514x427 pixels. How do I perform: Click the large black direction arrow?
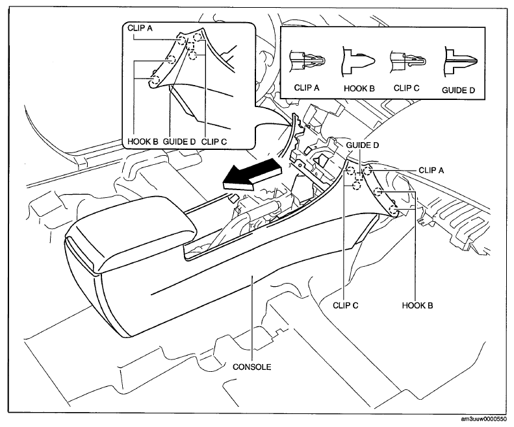pyautogui.click(x=251, y=174)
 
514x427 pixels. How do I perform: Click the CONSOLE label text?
pyautogui.click(x=252, y=367)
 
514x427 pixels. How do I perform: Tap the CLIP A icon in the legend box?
pyautogui.click(x=307, y=61)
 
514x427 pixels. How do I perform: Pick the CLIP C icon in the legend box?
pyautogui.click(x=408, y=60)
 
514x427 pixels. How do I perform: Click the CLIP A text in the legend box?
pyautogui.click(x=307, y=88)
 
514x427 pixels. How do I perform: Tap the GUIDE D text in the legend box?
pyautogui.click(x=458, y=90)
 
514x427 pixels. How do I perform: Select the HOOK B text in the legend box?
pyautogui.click(x=359, y=88)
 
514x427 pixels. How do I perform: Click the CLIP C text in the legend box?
pyautogui.click(x=407, y=88)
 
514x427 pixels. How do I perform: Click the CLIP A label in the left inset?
pyautogui.click(x=140, y=28)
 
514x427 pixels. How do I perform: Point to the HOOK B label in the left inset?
pyautogui.click(x=142, y=141)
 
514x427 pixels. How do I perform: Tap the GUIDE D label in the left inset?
pyautogui.click(x=179, y=141)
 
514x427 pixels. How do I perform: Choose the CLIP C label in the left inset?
pyautogui.click(x=214, y=141)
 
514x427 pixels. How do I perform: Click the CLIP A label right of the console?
pyautogui.click(x=431, y=170)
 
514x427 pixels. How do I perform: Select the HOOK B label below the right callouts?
pyautogui.click(x=417, y=306)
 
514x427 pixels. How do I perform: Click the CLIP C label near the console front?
pyautogui.click(x=346, y=306)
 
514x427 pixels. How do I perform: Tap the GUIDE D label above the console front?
pyautogui.click(x=363, y=145)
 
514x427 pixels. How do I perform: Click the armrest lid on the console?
pyautogui.click(x=131, y=233)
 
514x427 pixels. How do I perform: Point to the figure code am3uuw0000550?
pyautogui.click(x=483, y=419)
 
